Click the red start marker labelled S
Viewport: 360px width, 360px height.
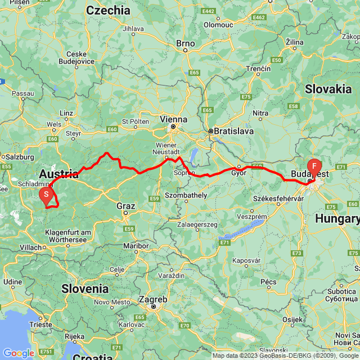[x=47, y=194]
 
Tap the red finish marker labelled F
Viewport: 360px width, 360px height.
[x=314, y=166]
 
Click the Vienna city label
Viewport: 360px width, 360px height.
[x=173, y=119]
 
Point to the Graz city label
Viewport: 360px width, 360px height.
[x=126, y=206]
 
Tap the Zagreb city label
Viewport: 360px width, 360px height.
[x=154, y=299]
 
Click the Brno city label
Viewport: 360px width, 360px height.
[x=185, y=43]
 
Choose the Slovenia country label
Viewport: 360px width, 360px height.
[x=85, y=288]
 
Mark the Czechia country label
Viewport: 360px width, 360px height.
[x=108, y=10]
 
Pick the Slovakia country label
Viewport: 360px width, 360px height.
[x=328, y=88]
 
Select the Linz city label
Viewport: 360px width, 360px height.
[x=66, y=113]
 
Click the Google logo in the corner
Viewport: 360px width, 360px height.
[x=19, y=353]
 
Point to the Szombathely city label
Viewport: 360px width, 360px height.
[x=186, y=195]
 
